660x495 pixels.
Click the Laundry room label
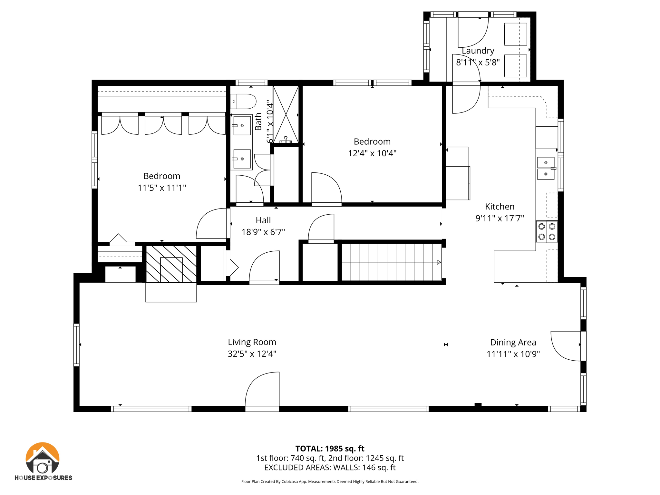(478, 51)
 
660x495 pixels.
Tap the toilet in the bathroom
(244, 101)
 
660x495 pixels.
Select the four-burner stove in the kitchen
(547, 231)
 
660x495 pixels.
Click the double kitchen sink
(546, 168)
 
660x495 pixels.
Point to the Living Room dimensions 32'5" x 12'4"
(252, 354)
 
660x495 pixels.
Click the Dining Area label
(513, 342)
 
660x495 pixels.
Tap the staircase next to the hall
(391, 262)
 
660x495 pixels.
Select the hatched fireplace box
(171, 264)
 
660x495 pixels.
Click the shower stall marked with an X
(286, 114)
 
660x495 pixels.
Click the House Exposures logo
(43, 461)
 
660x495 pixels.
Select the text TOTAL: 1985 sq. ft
(330, 448)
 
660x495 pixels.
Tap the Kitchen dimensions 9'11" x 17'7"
(500, 218)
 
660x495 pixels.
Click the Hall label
(263, 220)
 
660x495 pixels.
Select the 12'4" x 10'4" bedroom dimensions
(372, 153)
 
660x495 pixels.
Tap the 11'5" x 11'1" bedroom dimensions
(162, 188)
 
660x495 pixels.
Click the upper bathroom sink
(242, 125)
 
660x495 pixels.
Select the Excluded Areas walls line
(330, 467)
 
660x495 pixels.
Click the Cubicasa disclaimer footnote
(330, 481)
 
